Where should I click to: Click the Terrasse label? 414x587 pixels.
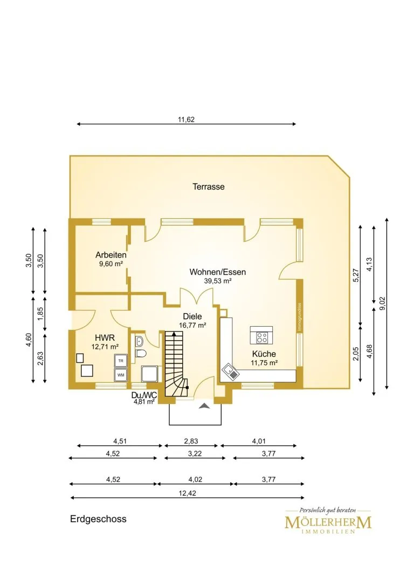(x=209, y=186)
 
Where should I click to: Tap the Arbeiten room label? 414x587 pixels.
(x=111, y=255)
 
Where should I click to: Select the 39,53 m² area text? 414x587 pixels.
(x=218, y=281)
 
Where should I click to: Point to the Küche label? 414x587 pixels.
(x=264, y=354)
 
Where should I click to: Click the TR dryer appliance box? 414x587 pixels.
(x=121, y=361)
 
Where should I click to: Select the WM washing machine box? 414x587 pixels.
(x=121, y=375)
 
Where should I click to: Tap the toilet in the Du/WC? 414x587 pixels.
(x=141, y=353)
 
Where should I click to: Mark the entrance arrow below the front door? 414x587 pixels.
(x=204, y=406)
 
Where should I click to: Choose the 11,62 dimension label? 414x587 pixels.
(x=186, y=120)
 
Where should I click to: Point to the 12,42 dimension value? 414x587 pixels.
(x=187, y=493)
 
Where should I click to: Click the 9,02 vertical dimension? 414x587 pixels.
(x=382, y=303)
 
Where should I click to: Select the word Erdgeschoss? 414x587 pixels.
(x=98, y=519)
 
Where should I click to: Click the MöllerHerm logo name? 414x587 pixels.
(x=328, y=522)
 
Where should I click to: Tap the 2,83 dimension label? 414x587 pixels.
(x=191, y=441)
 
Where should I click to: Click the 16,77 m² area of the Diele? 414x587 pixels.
(x=192, y=325)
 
